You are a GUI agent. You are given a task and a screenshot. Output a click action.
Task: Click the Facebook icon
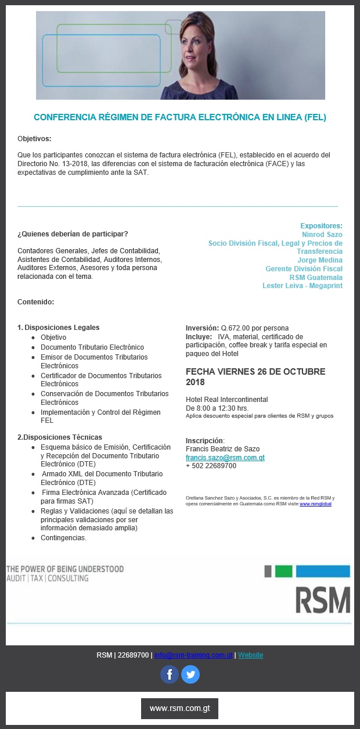[x=170, y=674]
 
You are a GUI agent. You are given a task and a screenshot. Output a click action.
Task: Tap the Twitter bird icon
[x=190, y=674]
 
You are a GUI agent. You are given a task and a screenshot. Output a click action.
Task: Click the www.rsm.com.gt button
[x=179, y=709]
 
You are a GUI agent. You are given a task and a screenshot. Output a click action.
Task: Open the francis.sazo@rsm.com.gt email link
[x=225, y=458]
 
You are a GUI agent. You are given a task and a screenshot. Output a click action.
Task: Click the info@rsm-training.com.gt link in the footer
[x=193, y=655]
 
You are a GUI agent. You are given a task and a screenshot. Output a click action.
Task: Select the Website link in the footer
[x=250, y=655]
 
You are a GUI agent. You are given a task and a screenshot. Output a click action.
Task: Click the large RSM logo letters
[x=323, y=600]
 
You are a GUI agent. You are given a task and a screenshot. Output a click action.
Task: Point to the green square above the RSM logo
[x=283, y=571]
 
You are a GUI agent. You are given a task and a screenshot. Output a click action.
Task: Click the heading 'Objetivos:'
[x=34, y=139]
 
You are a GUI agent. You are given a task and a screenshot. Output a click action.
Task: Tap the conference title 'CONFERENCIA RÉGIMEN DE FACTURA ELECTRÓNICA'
[x=180, y=117]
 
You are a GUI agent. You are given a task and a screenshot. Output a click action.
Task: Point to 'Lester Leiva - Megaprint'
[x=302, y=286]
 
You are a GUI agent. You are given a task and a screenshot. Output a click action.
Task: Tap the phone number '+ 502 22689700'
[x=211, y=466]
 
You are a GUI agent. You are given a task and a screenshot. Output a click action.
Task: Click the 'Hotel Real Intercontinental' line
[x=226, y=400]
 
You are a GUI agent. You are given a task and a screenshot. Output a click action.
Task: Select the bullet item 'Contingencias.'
[x=63, y=538]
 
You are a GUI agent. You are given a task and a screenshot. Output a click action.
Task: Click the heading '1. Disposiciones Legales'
[x=59, y=328]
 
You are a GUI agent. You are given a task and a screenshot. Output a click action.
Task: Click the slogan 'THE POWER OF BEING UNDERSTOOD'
[x=64, y=569]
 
